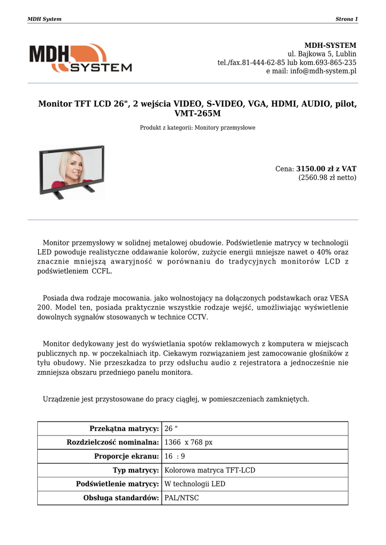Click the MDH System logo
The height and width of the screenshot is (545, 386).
(x=80, y=58)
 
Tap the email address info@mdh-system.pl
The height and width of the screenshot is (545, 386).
(x=323, y=71)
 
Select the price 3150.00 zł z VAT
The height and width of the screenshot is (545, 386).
(x=326, y=169)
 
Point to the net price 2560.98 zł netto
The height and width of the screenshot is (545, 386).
(x=327, y=178)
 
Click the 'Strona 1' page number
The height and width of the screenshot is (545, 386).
(x=347, y=19)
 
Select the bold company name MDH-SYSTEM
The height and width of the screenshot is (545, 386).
(x=330, y=45)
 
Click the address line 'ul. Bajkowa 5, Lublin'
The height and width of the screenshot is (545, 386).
(x=322, y=54)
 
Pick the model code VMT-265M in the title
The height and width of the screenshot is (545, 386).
(x=198, y=113)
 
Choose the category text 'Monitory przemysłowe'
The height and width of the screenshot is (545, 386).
(x=225, y=128)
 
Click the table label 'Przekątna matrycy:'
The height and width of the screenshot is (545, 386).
(x=125, y=429)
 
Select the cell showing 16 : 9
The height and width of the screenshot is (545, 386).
(x=175, y=457)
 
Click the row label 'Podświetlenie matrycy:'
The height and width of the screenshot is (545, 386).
(x=118, y=484)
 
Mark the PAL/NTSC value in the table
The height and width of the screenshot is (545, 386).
(x=182, y=498)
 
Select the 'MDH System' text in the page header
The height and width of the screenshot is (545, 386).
(x=44, y=19)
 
